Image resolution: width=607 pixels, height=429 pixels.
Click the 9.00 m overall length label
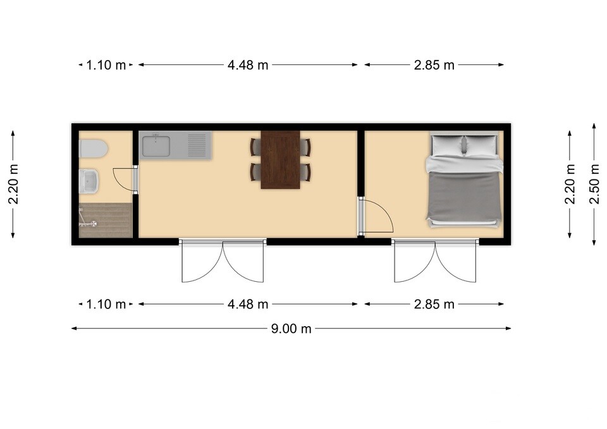coord(291,329)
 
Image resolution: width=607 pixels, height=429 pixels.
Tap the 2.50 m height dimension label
coord(594,184)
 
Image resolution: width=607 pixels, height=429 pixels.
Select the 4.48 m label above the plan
coord(248,65)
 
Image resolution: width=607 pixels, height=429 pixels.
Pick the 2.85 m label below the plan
coord(434,305)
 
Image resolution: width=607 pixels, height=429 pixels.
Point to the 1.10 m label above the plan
coord(106,65)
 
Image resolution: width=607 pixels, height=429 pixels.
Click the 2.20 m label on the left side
coord(13,184)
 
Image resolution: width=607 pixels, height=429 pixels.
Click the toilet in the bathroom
coord(94,149)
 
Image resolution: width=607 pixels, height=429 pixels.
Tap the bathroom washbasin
coord(89,181)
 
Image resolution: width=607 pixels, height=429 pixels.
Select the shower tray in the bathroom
coord(106,220)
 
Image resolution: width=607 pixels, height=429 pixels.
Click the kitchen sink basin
coord(156,146)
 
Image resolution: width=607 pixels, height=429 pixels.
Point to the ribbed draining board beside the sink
coord(197,145)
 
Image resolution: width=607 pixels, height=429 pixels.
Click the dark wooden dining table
coord(280,160)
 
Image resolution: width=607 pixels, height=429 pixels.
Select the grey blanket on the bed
coord(463,196)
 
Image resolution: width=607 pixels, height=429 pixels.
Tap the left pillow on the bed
coord(448,145)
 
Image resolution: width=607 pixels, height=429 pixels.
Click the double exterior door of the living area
coord(223,261)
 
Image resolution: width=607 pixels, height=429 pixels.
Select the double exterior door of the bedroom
coord(435,261)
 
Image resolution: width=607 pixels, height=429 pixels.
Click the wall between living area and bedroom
coord(361,163)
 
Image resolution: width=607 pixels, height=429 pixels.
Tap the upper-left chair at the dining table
coord(255,147)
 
